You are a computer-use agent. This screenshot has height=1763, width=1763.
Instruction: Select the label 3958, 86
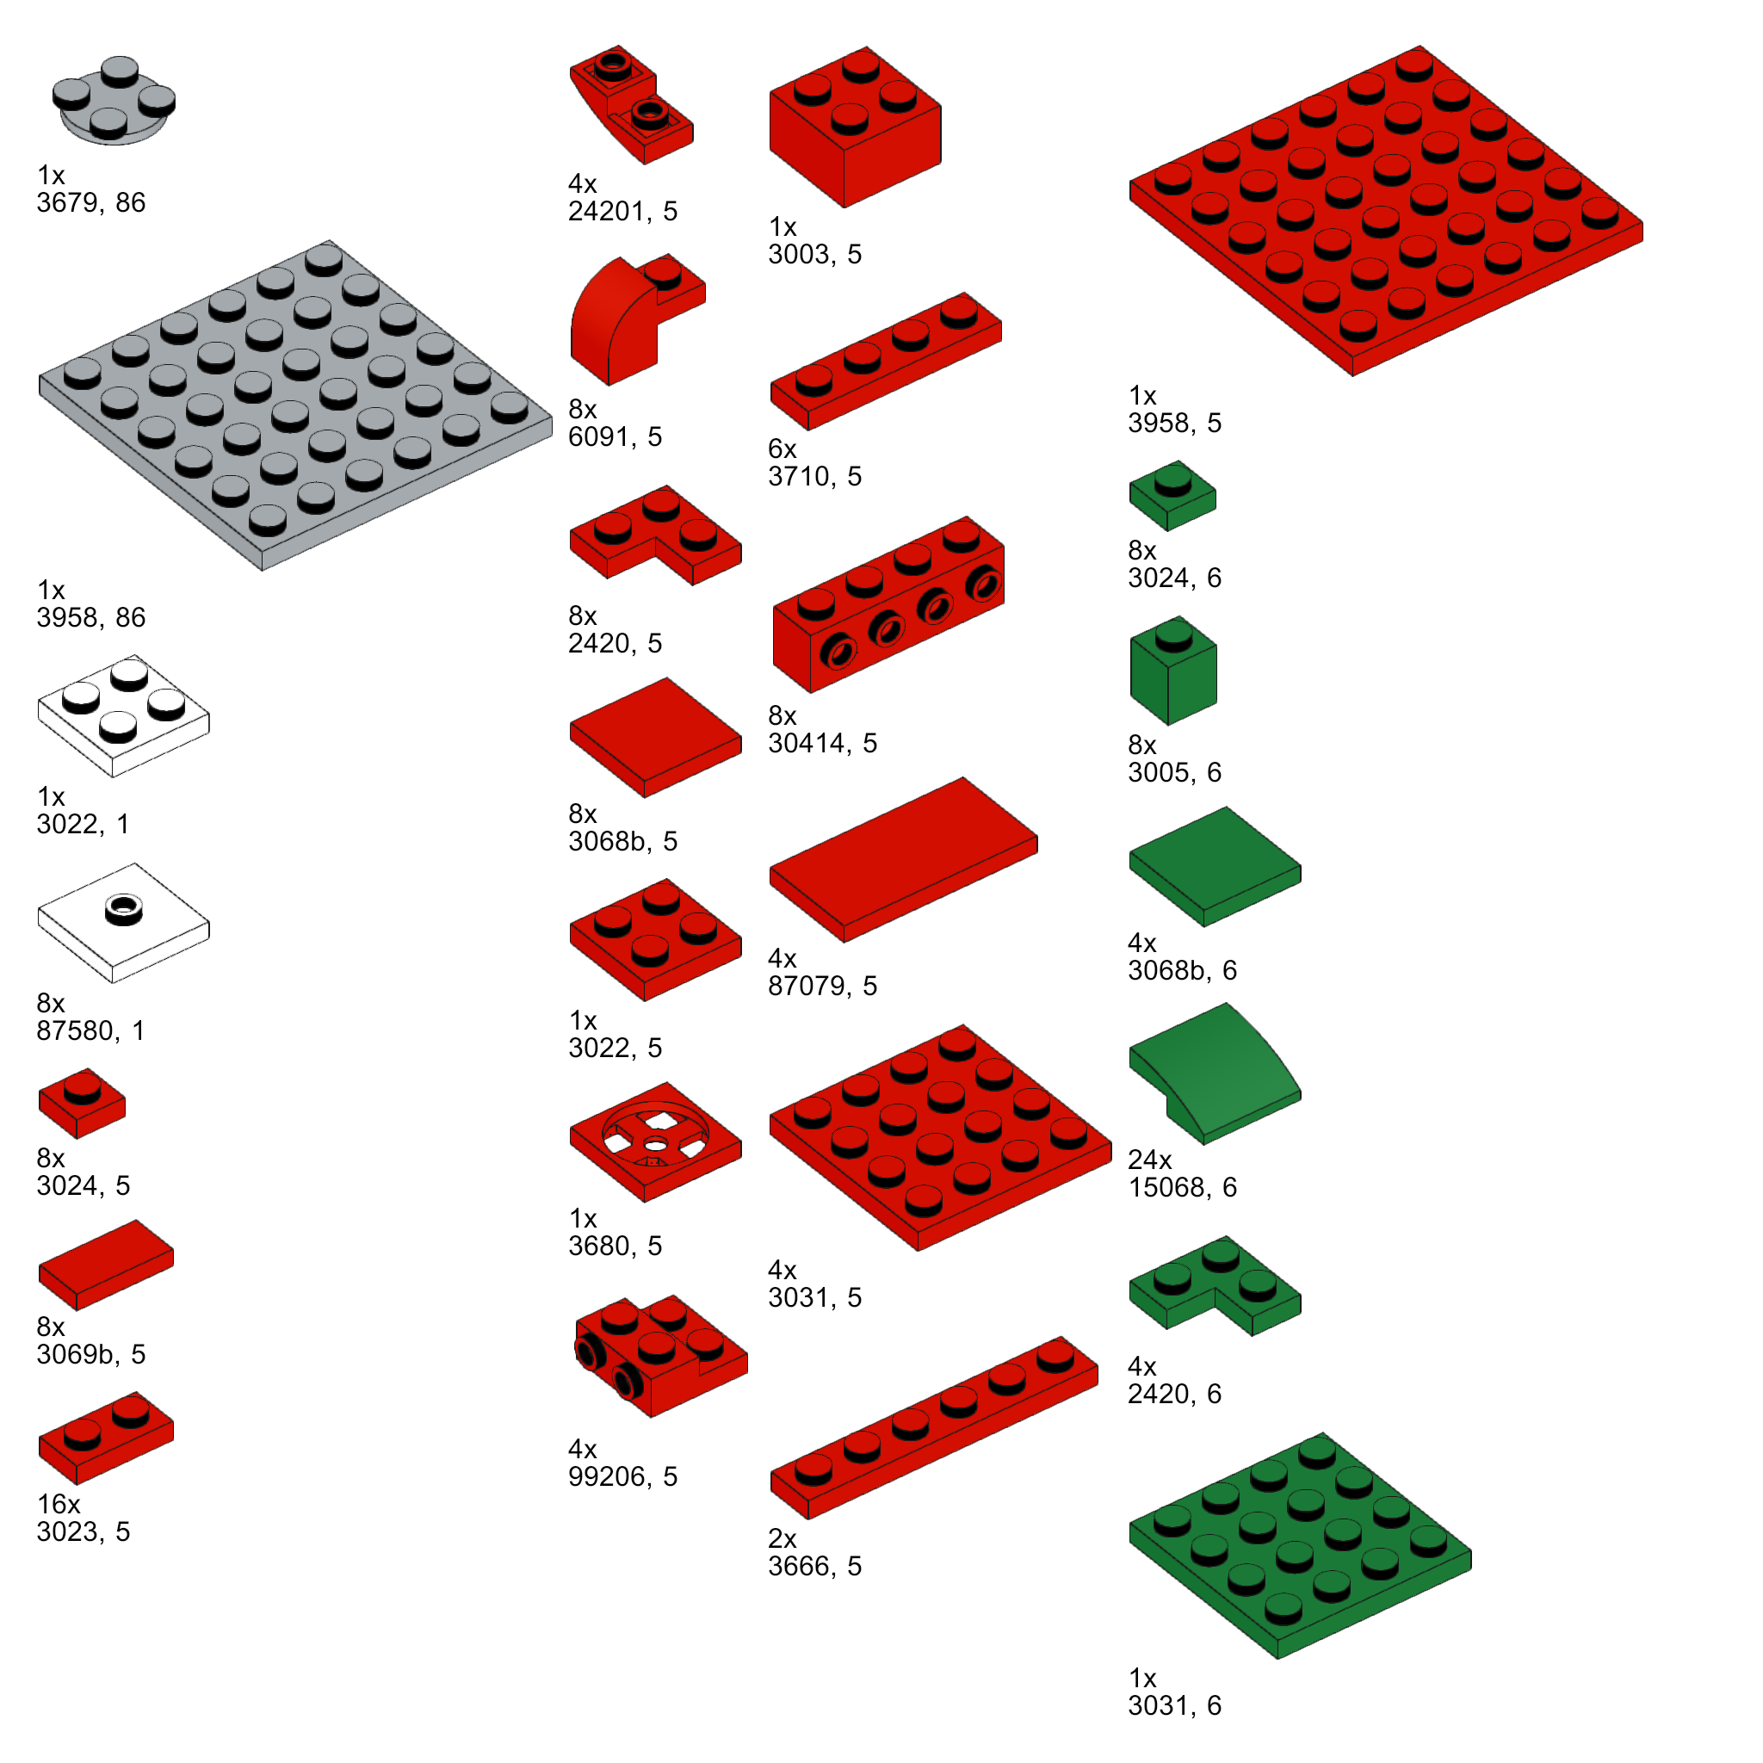click(91, 618)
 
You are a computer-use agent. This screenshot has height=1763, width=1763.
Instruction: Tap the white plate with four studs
click(123, 716)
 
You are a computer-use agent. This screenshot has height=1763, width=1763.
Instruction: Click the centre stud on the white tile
click(123, 909)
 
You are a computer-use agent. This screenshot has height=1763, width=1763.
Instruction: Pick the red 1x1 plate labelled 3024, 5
click(82, 1104)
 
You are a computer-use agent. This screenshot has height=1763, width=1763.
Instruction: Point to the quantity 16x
click(59, 1504)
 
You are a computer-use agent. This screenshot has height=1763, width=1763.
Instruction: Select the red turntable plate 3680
click(655, 1142)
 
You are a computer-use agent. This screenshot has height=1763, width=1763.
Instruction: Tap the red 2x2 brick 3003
click(855, 127)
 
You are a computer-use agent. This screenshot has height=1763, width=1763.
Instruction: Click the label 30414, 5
click(822, 744)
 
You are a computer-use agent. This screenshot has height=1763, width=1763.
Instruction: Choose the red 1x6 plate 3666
click(933, 1428)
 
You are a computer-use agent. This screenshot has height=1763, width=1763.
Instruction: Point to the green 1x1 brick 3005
click(1173, 671)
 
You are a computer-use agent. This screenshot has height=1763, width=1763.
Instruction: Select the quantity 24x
click(1150, 1160)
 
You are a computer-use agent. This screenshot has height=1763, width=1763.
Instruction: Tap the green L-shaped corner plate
click(1216, 1287)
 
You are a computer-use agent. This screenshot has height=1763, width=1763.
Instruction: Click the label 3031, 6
click(1174, 1705)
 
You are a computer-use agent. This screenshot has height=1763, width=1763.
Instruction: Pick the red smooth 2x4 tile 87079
click(903, 860)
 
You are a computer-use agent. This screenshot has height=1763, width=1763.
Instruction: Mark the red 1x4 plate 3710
click(886, 362)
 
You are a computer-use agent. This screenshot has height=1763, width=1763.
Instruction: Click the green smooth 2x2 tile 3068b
click(1216, 867)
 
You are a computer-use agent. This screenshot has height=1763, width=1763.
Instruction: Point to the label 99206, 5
click(623, 1476)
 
